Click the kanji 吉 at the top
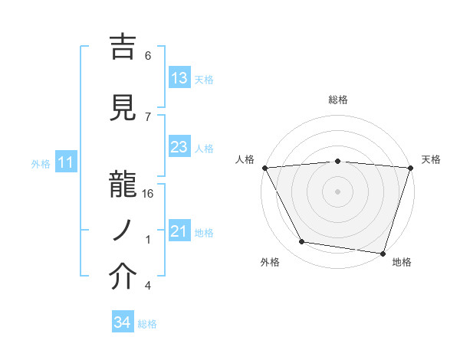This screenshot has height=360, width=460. coord(124,47)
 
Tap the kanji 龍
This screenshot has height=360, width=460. coord(124,182)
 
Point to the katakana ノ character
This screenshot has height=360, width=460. coord(124,230)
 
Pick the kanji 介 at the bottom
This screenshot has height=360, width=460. coord(124,276)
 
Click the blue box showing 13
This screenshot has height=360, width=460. coord(179,78)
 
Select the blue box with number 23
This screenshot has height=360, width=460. coord(179,147)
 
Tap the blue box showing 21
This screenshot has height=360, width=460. coord(179,231)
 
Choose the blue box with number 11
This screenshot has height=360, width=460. coord(65,162)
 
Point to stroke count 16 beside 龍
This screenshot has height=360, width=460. coord(148,194)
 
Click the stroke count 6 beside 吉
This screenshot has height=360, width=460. coord(148,56)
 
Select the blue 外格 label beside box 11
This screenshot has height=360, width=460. coord(41,163)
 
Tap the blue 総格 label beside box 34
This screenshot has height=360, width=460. coord(147,324)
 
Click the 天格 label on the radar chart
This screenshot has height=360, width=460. coord(431,159)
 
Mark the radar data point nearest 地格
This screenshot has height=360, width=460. coord(383,253)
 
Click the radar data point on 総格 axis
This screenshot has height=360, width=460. coord(338,161)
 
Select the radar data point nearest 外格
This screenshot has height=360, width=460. coord(302,242)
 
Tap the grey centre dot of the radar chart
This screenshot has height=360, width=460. coord(338,191)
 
